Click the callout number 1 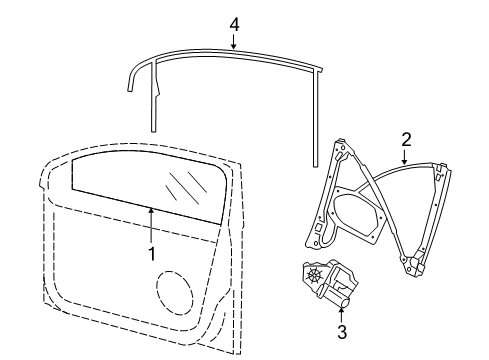pyautogui.click(x=152, y=254)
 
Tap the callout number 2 pyautogui.click(x=406, y=140)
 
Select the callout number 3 pyautogui.click(x=342, y=332)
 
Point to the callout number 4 pyautogui.click(x=235, y=25)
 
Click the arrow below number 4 pyautogui.click(x=234, y=42)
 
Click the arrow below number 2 pyautogui.click(x=405, y=157)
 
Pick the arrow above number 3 pyautogui.click(x=341, y=315)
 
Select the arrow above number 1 pyautogui.click(x=151, y=225)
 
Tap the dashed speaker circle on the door pyautogui.click(x=174, y=293)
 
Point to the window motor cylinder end pyautogui.click(x=346, y=302)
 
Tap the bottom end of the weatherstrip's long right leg pyautogui.click(x=315, y=165)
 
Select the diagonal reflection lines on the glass pyautogui.click(x=186, y=188)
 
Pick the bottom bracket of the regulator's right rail pyautogui.click(x=415, y=264)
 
